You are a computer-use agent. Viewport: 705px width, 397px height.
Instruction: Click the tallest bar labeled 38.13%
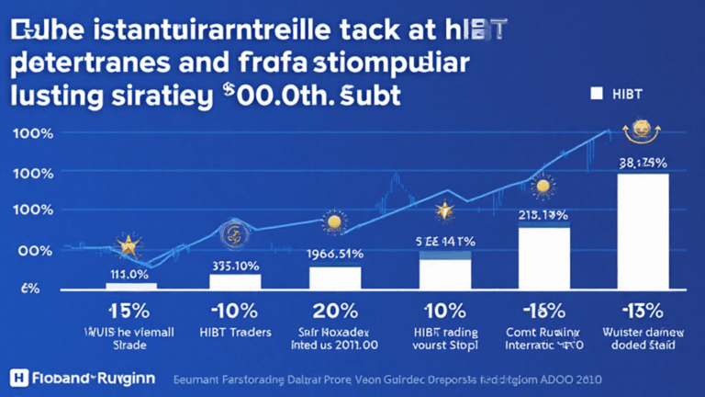(x=642, y=231)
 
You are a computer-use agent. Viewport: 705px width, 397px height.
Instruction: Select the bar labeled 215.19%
(x=544, y=256)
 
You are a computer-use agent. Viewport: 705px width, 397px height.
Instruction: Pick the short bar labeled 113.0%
(x=130, y=285)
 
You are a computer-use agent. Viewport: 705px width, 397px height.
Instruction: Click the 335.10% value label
(x=235, y=267)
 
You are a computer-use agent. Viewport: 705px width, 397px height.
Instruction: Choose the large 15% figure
(x=129, y=309)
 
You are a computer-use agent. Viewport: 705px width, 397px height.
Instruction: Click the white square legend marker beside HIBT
(x=596, y=93)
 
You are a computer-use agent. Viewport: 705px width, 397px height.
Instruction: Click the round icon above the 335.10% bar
(x=231, y=233)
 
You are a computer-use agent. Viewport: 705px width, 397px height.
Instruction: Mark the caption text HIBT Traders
(x=235, y=331)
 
